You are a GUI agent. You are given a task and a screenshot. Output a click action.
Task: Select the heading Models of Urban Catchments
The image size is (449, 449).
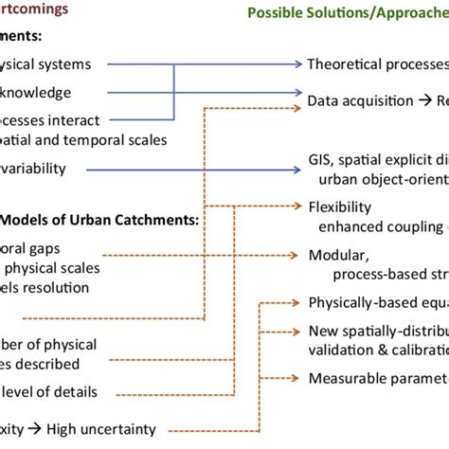tap(99, 219)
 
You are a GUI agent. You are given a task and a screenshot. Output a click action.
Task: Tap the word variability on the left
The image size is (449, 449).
tap(33, 168)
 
